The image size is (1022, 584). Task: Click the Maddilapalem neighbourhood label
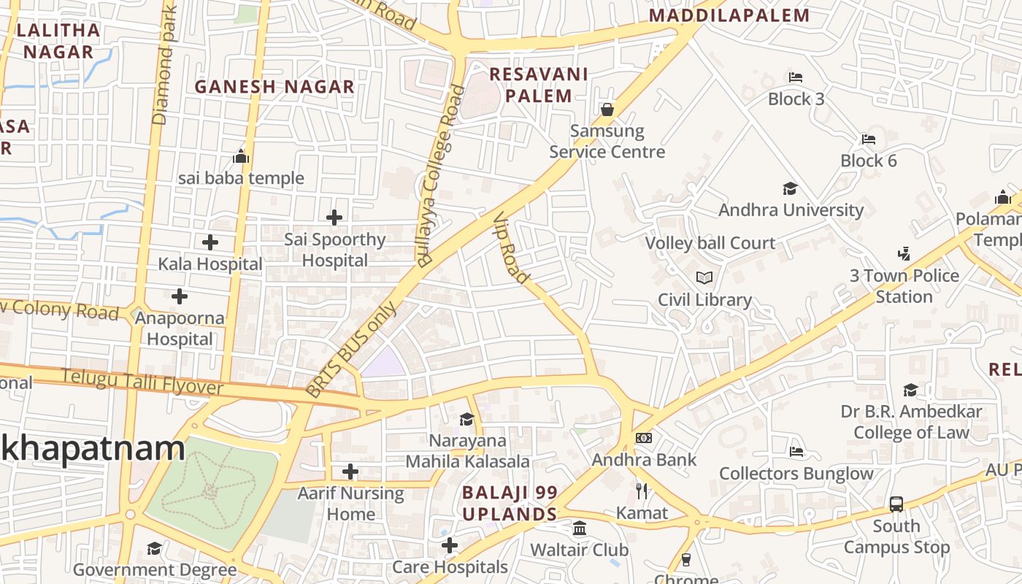pos(729,15)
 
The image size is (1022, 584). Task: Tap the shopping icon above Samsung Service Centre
pos(607,109)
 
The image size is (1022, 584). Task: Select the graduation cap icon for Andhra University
pos(790,189)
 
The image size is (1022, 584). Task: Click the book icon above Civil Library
pos(704,278)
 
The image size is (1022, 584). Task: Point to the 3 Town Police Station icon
pos(904,254)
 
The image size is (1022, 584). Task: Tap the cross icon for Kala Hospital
pos(210,242)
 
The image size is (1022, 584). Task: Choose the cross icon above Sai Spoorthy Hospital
pos(334,218)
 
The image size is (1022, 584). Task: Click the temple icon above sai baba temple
pos(241,156)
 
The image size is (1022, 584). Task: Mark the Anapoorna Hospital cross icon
pos(179,296)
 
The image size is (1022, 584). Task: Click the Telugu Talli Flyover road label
pos(142,381)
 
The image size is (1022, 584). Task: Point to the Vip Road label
pos(511,248)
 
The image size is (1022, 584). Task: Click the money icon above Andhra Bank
pos(643,438)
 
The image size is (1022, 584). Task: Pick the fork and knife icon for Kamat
pos(642,491)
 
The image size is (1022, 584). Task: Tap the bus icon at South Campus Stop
pos(896,504)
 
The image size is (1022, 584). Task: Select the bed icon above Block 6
pos(868,139)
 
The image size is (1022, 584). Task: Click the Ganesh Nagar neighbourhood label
pos(274,87)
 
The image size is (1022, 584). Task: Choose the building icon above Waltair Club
pos(579,528)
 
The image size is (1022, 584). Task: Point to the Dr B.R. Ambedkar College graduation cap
pos(910,390)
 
